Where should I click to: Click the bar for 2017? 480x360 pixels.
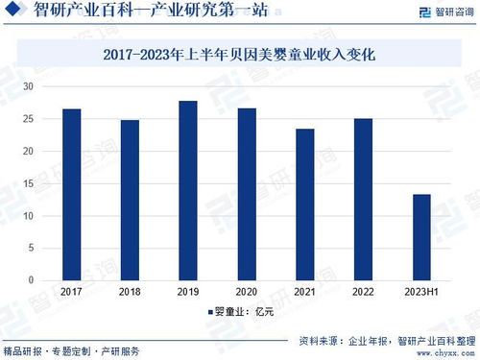click(71, 194)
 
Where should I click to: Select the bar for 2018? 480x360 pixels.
click(130, 200)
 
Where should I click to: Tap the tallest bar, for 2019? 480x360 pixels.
click(188, 190)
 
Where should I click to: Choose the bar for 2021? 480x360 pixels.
click(305, 204)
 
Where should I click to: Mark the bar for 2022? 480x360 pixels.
click(363, 200)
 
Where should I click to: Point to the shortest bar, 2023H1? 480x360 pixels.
click(421, 237)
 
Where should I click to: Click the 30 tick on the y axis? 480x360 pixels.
click(29, 86)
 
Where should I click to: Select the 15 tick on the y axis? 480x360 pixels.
click(29, 183)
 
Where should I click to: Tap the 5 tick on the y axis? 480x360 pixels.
click(31, 249)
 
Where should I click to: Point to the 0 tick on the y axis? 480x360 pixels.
click(31, 280)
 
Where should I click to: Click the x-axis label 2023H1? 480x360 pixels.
click(421, 291)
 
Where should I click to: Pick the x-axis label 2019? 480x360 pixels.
click(188, 291)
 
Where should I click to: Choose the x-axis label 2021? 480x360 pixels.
click(305, 291)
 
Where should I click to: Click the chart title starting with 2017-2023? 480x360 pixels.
click(241, 58)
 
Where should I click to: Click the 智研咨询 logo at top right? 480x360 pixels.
click(443, 12)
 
